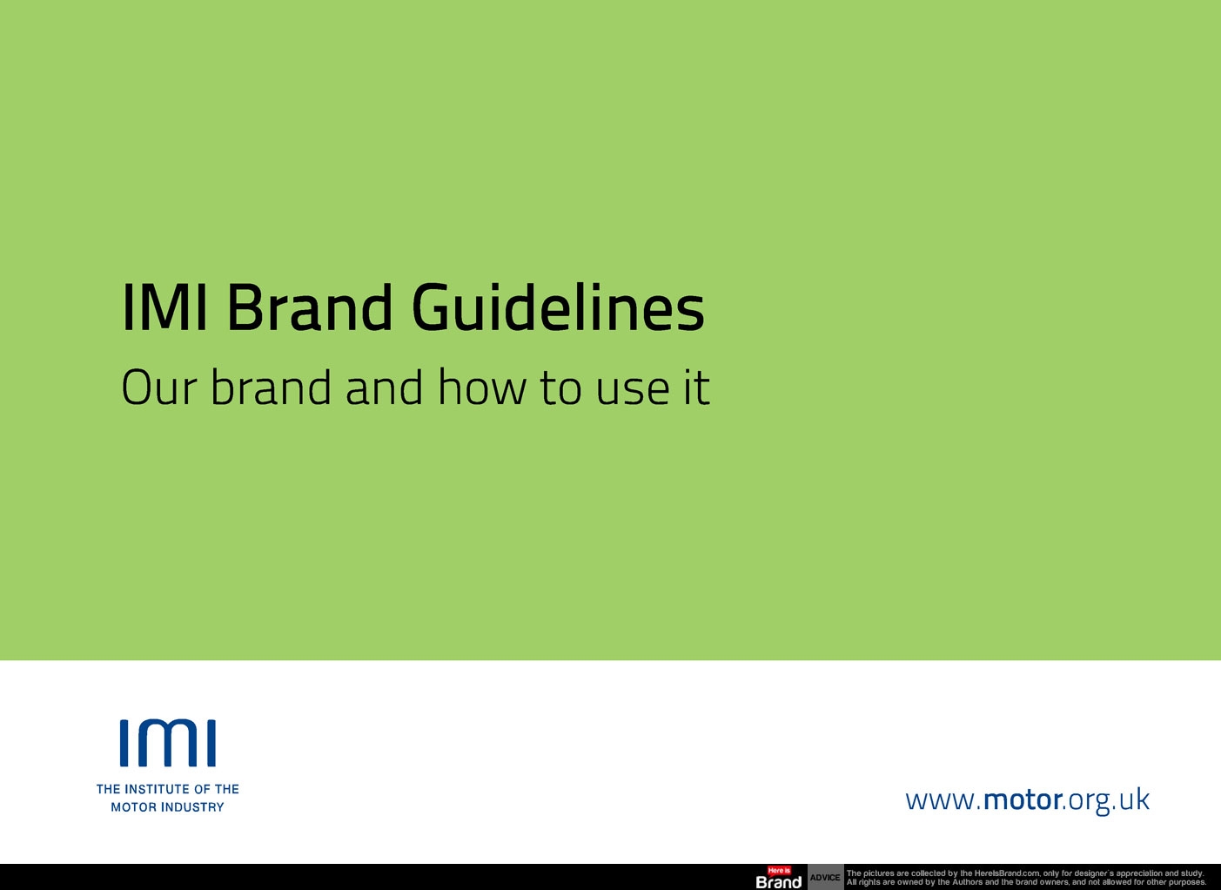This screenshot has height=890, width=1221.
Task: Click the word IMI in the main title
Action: coord(164,307)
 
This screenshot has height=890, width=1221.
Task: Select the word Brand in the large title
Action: coord(309,307)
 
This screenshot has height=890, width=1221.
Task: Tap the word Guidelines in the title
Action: coord(558,307)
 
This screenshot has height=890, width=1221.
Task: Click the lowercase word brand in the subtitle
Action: coord(271,388)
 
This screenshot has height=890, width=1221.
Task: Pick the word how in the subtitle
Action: coord(482,388)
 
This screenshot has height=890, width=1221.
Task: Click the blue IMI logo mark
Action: coord(168,743)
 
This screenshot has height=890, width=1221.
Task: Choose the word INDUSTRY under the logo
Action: coord(192,807)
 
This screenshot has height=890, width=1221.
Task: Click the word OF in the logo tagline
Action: coord(202,789)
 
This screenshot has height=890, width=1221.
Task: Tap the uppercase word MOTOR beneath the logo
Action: coord(133,807)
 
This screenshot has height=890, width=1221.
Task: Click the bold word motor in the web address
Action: coord(1023,799)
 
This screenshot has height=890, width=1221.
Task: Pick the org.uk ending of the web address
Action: coord(1108,799)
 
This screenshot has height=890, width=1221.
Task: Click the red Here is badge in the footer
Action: coord(779,870)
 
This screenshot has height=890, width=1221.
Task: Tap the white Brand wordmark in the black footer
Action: coord(779,882)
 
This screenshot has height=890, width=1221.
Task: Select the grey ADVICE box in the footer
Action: coord(825,877)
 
